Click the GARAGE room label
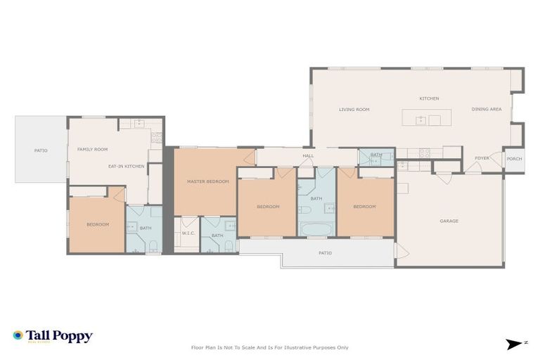coord(449,221)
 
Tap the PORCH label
coord(515,159)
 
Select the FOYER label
coord(482,158)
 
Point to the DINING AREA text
coord(486,110)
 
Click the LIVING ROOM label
coord(354,110)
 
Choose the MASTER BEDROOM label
coord(207,181)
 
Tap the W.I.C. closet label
coord(188,233)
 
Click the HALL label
coord(308,156)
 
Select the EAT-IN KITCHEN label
coord(126,166)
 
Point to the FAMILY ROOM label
coord(92,149)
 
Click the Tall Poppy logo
coord(53,336)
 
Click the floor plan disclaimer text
coord(269,347)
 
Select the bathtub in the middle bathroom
coord(316,229)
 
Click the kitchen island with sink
coord(426,117)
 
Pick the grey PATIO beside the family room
coord(41,150)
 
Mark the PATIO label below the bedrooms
coord(324,253)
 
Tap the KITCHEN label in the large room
coord(429,98)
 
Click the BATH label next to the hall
coord(376,155)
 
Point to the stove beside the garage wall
coord(425,153)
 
